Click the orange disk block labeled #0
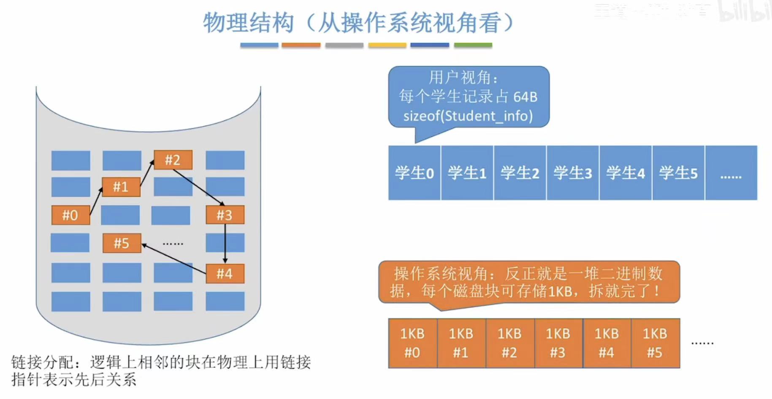(70, 215)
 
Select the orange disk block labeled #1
(121, 186)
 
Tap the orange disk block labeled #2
(173, 160)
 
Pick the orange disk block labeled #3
(225, 215)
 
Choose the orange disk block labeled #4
(225, 274)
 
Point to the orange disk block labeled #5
(122, 243)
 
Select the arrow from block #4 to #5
(174, 258)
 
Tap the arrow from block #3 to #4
(225, 244)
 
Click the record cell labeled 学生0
(414, 173)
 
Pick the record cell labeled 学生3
(572, 173)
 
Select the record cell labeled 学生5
(678, 173)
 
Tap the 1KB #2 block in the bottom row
(509, 343)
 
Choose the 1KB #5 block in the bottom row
(655, 343)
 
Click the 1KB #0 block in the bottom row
(412, 343)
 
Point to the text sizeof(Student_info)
(468, 116)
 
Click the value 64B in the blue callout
(526, 97)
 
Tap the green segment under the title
(473, 45)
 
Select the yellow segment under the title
(387, 45)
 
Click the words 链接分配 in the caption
(42, 362)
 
